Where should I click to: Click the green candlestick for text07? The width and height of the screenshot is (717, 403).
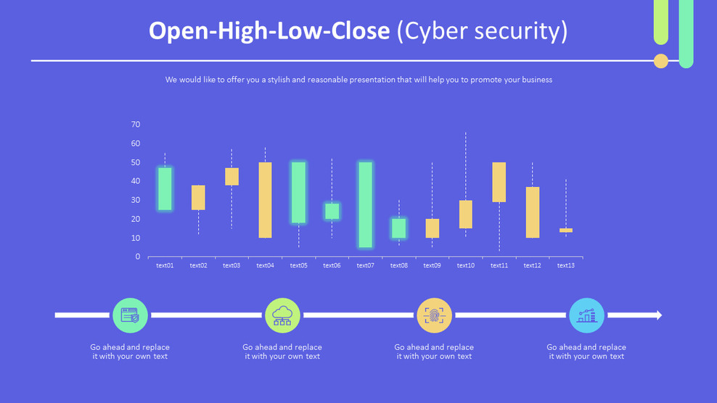click(365, 204)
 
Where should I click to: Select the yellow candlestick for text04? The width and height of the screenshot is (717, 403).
click(265, 200)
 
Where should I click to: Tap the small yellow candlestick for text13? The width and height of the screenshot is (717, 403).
click(566, 230)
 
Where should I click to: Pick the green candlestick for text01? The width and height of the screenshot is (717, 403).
click(165, 189)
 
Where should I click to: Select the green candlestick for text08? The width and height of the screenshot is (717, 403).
click(398, 228)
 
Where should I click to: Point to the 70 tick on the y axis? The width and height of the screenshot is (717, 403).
click(136, 125)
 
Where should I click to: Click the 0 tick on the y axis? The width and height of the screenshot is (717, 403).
click(137, 257)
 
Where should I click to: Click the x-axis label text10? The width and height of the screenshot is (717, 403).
click(465, 266)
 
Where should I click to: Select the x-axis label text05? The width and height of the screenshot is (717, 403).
click(298, 266)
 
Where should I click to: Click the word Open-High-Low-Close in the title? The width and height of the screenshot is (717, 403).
click(269, 31)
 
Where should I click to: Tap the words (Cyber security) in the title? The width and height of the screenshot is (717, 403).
click(483, 31)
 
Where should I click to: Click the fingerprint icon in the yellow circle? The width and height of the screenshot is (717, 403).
click(435, 315)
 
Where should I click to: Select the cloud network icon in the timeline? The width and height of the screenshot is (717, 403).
click(282, 315)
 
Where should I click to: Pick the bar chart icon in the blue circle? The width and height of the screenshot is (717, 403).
click(586, 315)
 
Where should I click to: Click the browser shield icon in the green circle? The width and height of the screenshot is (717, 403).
click(130, 315)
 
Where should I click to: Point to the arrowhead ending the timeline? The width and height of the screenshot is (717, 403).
click(657, 315)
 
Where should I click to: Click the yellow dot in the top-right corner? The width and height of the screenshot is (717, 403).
click(660, 61)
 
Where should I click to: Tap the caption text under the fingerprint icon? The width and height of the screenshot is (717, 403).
click(434, 352)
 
